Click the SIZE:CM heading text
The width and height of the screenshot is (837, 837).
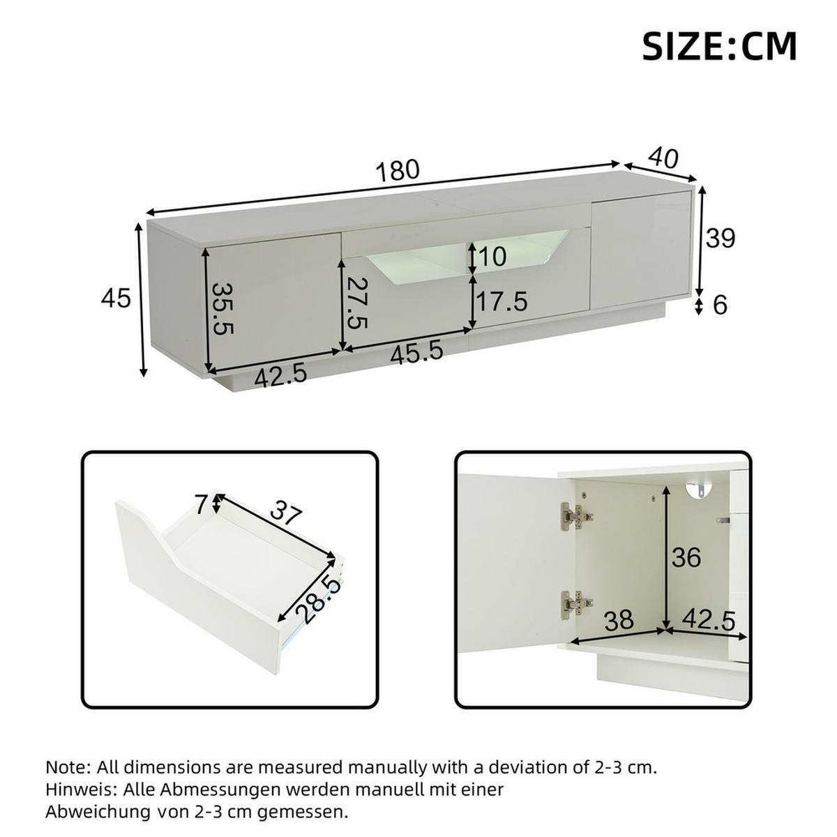pos(719,47)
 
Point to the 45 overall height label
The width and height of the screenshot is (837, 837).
pos(116,299)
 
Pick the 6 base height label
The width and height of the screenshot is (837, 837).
pos(721,305)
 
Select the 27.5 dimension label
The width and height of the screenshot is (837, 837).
pos(357,303)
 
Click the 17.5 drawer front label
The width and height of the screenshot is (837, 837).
pos(501,302)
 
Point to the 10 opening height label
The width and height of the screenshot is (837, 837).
pos(493,257)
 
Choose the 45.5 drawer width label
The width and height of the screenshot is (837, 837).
pos(416,352)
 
